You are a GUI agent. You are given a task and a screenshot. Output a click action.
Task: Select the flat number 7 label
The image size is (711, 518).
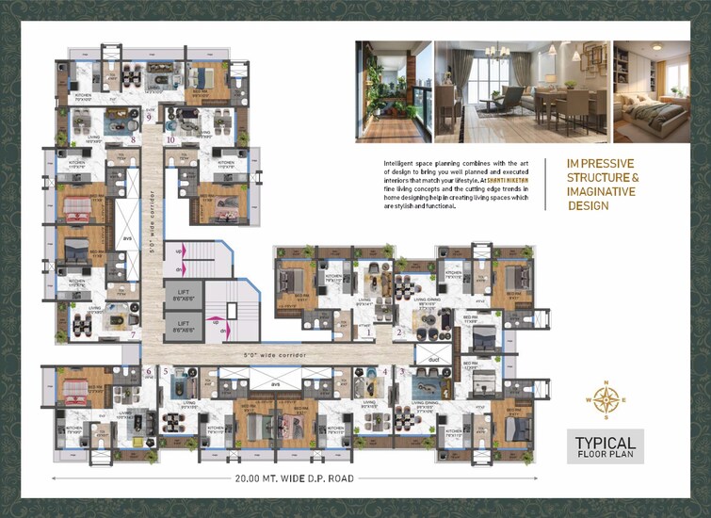coord(135,333)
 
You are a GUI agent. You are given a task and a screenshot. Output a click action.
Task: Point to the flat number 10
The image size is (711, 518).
coord(170,139)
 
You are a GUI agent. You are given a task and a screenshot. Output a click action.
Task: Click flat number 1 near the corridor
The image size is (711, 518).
coord(370,332)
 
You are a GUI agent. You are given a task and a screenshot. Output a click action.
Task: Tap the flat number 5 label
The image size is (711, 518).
coord(166,372)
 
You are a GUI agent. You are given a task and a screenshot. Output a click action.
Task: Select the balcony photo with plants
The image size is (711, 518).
coord(394,90)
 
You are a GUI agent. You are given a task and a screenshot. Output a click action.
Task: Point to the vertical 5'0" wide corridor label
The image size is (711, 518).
coord(151,215)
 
